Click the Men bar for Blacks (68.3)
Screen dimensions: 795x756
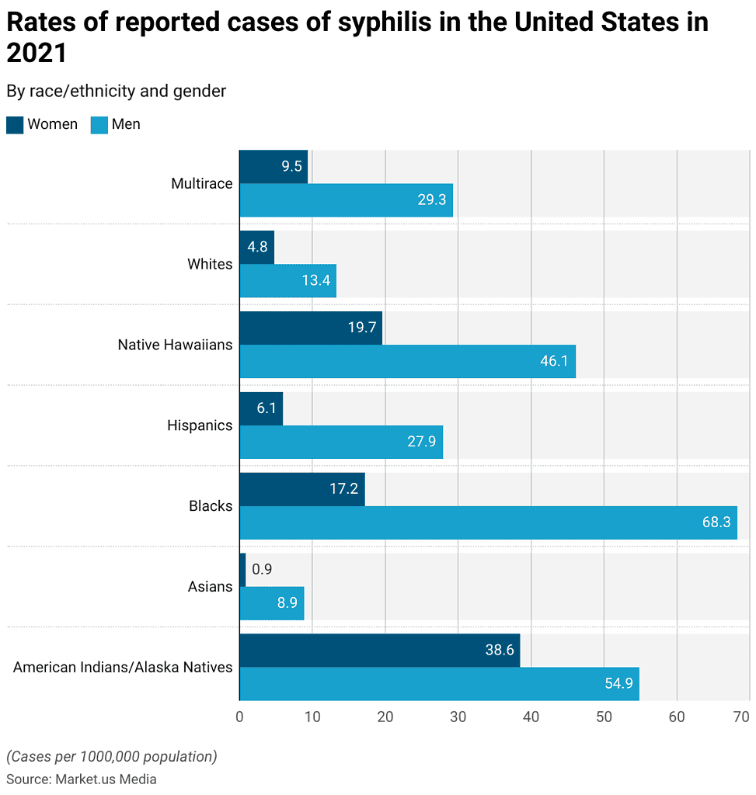(x=488, y=522)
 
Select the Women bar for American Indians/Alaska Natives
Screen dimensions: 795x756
(x=379, y=650)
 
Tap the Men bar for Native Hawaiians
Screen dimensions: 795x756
(x=407, y=361)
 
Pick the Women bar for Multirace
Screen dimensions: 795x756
(x=273, y=166)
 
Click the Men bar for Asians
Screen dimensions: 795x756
(x=271, y=603)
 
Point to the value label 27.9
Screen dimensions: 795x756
(x=422, y=442)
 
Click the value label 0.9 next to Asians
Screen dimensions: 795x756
(x=262, y=569)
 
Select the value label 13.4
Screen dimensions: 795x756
(x=316, y=280)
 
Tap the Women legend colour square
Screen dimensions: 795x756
(x=14, y=124)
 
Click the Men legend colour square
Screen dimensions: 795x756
(x=99, y=124)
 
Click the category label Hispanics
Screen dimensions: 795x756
(x=200, y=425)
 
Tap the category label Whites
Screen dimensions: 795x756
(x=210, y=264)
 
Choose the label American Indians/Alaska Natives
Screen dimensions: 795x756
(x=123, y=667)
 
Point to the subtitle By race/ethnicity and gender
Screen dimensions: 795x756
(x=117, y=91)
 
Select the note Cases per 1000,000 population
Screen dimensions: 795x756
(x=112, y=756)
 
